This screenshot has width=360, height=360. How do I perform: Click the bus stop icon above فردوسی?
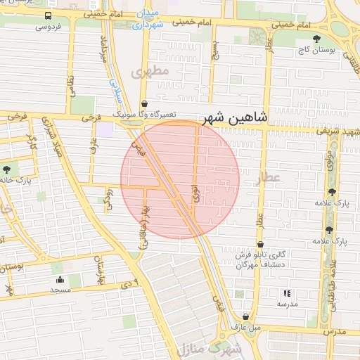[x=47, y=16]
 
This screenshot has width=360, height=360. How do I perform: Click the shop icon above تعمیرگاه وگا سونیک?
[x=143, y=103]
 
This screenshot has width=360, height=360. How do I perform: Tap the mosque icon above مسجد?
[x=59, y=279]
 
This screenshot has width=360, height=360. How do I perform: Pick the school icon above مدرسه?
[x=286, y=293]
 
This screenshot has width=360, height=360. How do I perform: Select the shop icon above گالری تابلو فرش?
[x=259, y=245]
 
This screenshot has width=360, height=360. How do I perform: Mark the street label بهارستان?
[x=100, y=267]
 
